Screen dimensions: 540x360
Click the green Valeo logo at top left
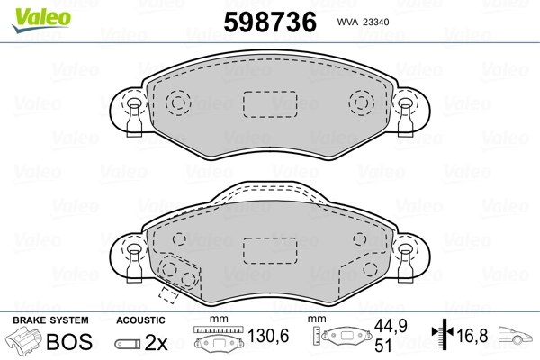coord(41,20)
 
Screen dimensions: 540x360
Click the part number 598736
coord(270,22)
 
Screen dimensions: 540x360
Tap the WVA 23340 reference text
coord(363,22)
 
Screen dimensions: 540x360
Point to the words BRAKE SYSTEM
coord(50,320)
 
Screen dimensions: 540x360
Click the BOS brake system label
coord(69,342)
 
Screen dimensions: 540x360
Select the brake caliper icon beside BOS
coord(23,341)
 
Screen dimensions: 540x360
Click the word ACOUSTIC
coord(140,320)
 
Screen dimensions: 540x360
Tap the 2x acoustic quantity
coord(156,342)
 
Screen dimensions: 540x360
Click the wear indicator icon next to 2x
coord(128,344)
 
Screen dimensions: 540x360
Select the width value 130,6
coord(268,336)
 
